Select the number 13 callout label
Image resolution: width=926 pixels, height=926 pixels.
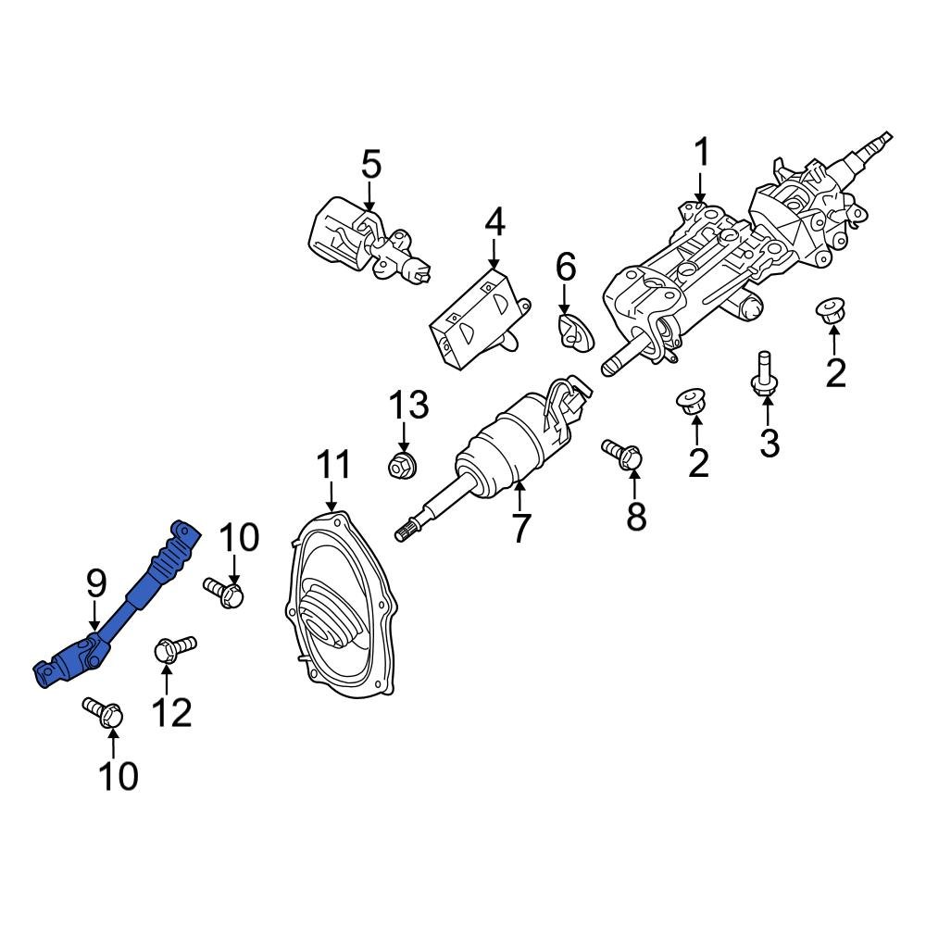pos(408,405)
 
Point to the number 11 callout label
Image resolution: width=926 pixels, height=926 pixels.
pos(333,465)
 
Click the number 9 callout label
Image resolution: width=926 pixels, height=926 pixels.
pos(96,583)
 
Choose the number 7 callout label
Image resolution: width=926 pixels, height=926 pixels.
pos(520,528)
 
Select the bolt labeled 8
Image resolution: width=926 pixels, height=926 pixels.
pos(622,453)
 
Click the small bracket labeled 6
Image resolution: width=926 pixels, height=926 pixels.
pos(576,332)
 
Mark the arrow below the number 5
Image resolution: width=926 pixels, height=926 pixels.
pos(370,197)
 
